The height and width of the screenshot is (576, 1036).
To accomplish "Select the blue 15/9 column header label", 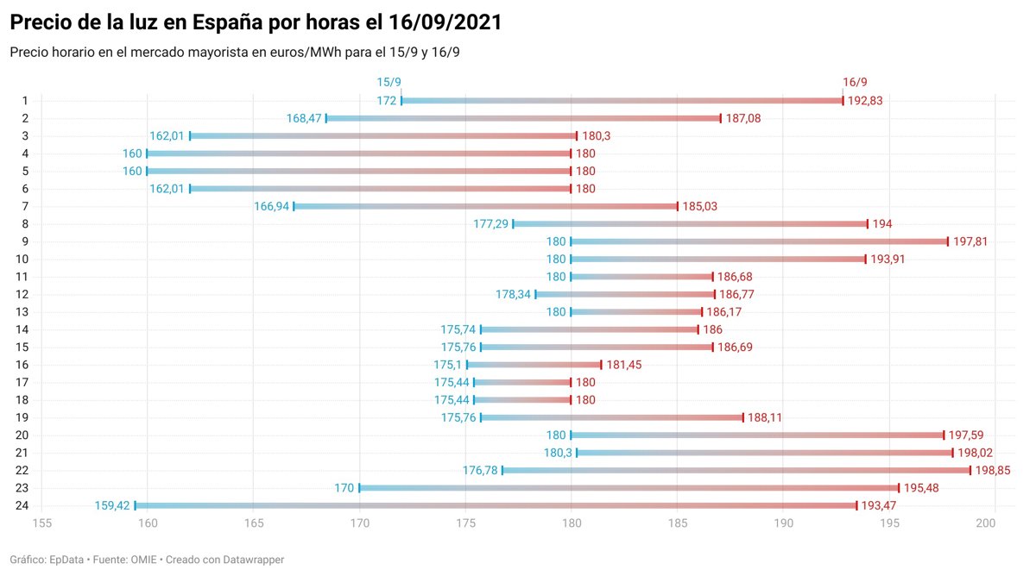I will (389, 82).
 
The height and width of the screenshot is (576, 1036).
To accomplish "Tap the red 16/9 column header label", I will (855, 82).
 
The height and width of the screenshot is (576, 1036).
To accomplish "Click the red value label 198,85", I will (993, 471).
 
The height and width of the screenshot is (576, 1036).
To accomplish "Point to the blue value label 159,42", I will (112, 506).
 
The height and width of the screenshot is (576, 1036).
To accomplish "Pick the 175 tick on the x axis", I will (465, 523).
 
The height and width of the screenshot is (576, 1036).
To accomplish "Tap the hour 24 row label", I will (23, 506).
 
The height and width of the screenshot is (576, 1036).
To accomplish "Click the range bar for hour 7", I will (485, 206).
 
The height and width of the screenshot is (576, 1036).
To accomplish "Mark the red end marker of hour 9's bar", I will (947, 241).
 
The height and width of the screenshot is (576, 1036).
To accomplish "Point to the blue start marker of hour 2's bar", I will (326, 118).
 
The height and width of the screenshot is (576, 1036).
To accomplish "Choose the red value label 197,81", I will (970, 241).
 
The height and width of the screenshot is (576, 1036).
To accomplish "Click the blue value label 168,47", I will (304, 118).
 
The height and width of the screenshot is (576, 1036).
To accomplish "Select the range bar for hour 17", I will (522, 382).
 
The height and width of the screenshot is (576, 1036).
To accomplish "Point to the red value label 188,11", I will (766, 417).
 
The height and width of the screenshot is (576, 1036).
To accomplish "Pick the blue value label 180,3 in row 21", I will (558, 453).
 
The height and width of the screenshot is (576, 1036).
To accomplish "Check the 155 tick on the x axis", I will (41, 523).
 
